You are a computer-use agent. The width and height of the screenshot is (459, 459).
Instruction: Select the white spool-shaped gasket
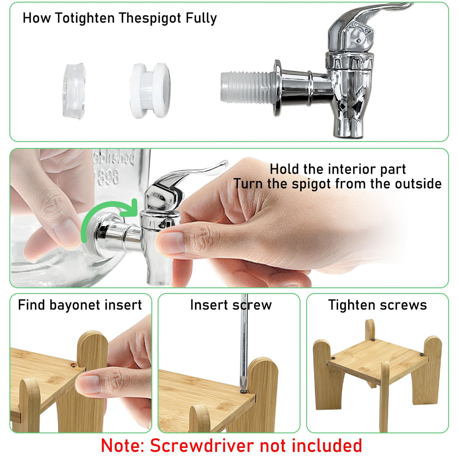coord(150,91)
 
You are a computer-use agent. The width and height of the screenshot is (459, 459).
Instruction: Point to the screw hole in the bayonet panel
coord(73,365)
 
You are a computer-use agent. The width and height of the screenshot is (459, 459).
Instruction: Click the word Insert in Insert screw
coord(209,305)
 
